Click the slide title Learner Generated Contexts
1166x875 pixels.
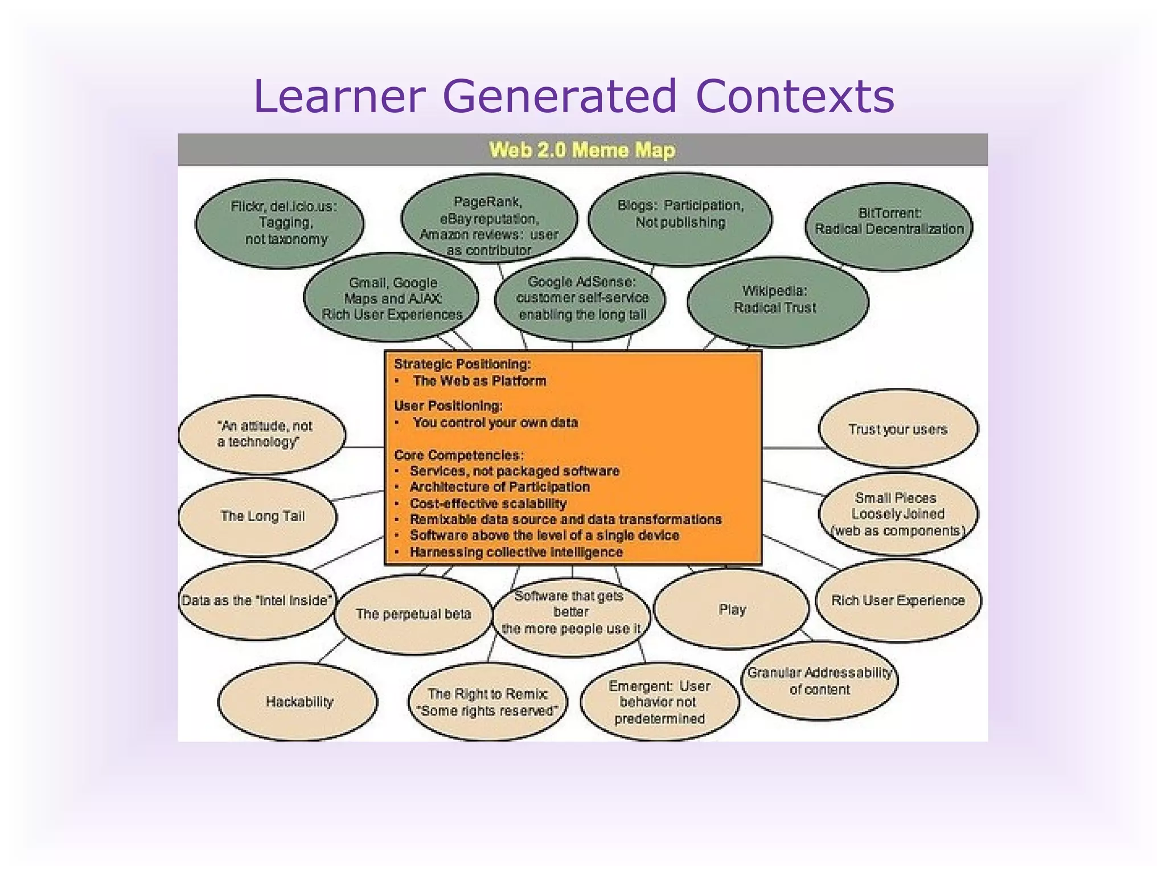coord(574,96)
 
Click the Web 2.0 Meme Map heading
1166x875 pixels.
coord(582,150)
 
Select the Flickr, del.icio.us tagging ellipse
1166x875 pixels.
coord(280,223)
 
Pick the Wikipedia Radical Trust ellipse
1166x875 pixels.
coord(777,300)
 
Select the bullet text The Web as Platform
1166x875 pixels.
coord(479,381)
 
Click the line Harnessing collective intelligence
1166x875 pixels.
coord(516,552)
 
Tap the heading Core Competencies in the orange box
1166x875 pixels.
coord(459,455)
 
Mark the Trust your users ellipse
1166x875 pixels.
coord(898,429)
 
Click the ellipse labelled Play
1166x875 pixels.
coord(732,610)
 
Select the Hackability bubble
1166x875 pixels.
coord(298,702)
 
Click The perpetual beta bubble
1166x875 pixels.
coord(413,614)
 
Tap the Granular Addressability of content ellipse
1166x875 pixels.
coord(819,681)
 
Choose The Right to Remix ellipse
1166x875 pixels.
coord(488,702)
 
